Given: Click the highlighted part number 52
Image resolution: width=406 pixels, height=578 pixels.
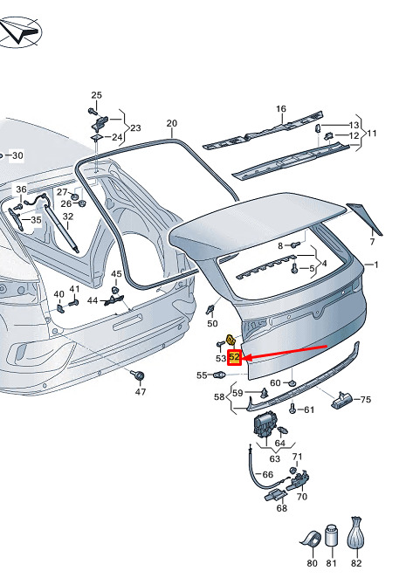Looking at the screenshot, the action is [234, 357].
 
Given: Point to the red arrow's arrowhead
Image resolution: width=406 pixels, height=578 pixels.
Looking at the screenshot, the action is [246, 358].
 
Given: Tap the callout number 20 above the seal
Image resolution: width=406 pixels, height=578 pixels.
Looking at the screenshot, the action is [172, 123].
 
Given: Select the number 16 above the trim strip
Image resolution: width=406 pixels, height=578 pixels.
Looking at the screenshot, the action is [281, 109].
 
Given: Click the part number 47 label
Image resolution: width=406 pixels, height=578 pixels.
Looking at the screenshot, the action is [140, 392].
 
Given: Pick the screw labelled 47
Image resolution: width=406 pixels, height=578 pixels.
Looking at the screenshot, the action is [138, 376].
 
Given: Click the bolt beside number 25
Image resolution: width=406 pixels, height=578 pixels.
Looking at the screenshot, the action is [92, 111].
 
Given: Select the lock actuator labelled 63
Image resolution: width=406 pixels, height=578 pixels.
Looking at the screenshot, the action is [265, 426].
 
